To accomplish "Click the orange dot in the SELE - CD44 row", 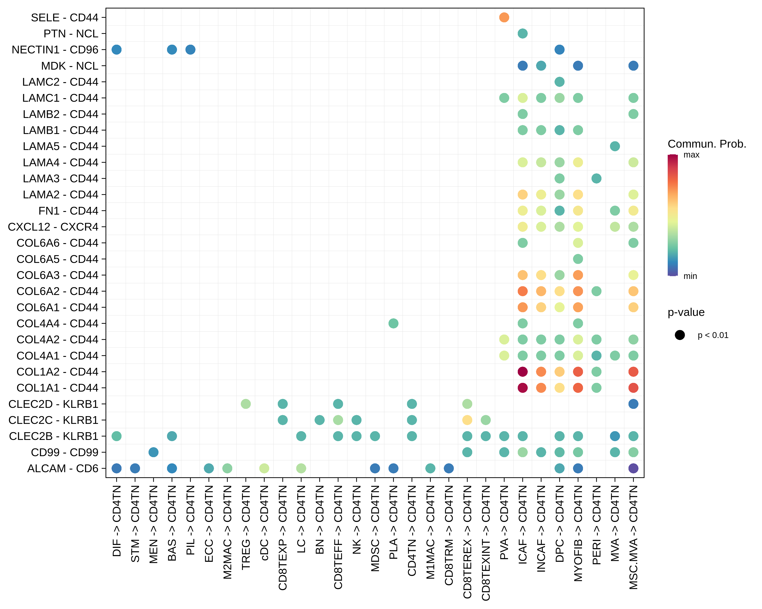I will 504,17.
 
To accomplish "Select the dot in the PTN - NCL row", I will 522,33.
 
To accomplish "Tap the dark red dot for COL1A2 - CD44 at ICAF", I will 522,371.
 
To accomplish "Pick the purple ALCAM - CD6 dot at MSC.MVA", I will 633,468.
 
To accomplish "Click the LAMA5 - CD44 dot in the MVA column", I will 615,146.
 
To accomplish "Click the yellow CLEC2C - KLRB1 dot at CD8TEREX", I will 467,420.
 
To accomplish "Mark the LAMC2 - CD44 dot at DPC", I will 559,82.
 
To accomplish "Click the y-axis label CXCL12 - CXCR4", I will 53,227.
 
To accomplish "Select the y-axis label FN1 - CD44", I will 68,211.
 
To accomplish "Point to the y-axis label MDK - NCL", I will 70,66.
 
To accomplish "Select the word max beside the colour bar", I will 691,155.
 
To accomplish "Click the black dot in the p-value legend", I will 680,335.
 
